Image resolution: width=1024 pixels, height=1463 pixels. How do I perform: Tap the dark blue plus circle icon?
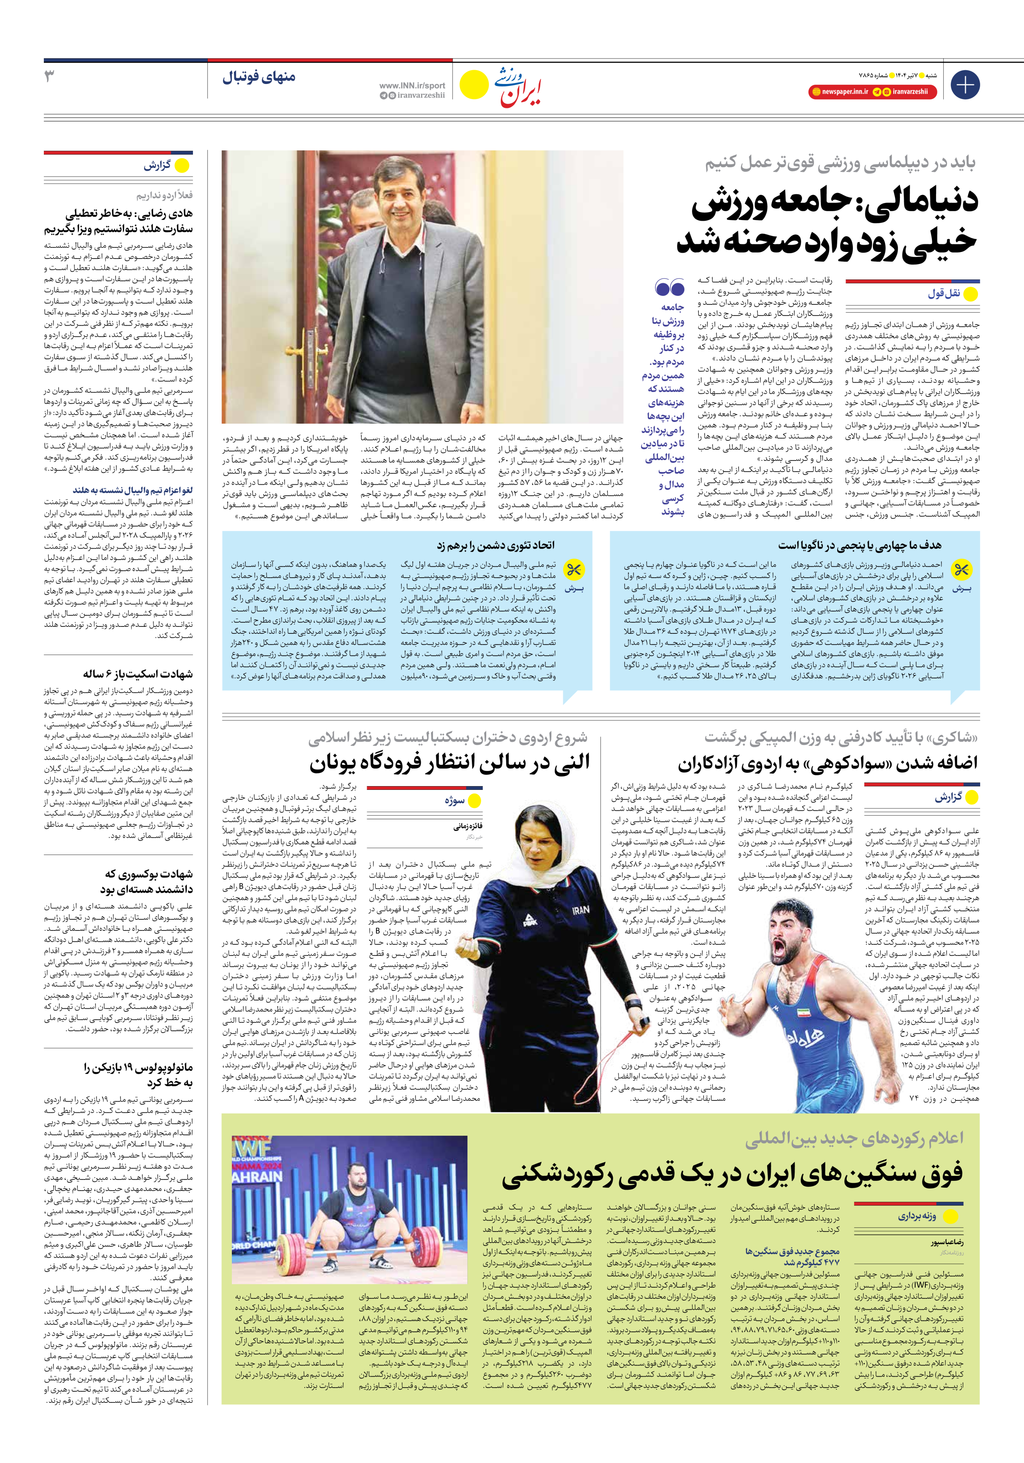(965, 85)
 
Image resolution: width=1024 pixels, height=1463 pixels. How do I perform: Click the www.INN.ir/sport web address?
(412, 85)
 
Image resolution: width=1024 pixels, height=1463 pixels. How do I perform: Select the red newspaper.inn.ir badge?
(840, 92)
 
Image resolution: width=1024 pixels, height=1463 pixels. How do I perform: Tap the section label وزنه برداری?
(917, 1216)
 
